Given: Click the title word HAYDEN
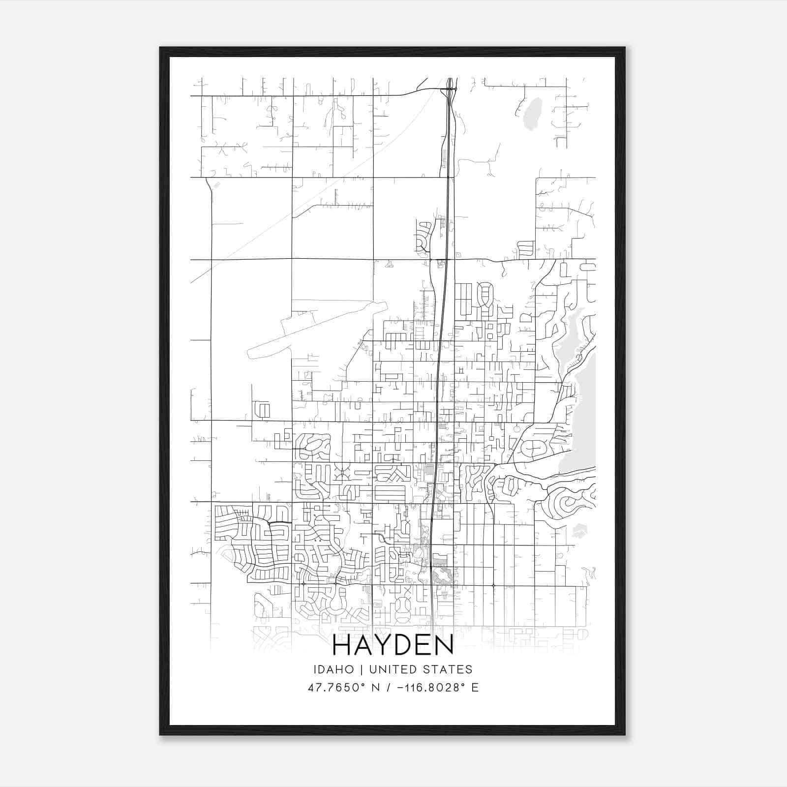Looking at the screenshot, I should click(393, 645).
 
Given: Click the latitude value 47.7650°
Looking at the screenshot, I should click(337, 688).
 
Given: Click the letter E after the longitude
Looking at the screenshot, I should click(475, 688).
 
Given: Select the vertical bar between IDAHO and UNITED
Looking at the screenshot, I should click(361, 669).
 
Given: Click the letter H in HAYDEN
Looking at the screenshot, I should click(342, 645).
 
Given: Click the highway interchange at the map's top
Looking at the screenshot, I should click(451, 89).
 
